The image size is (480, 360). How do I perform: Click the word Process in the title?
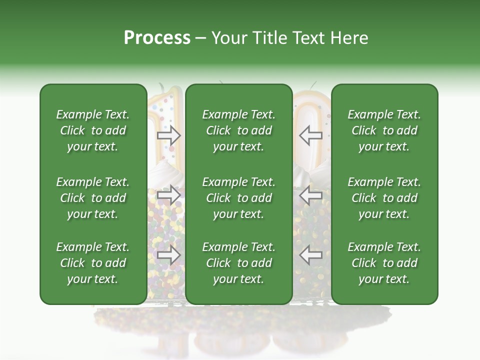[x=157, y=38]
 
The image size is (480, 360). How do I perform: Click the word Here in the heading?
[x=349, y=38]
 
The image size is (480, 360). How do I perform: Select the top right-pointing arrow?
[x=169, y=135]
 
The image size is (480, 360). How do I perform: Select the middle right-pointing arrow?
[x=169, y=194]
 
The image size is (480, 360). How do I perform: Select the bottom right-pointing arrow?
[x=169, y=255]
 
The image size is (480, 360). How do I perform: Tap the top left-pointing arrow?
[x=311, y=135]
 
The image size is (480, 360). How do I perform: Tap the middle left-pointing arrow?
[x=311, y=194]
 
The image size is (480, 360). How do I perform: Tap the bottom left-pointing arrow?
[x=311, y=255]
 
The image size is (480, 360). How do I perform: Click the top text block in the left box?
[x=93, y=130]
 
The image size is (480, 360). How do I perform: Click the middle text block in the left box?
[x=93, y=198]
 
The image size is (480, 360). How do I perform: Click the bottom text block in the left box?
[x=93, y=263]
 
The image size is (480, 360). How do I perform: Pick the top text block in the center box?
[x=238, y=130]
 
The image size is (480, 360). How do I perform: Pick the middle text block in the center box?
[x=238, y=198]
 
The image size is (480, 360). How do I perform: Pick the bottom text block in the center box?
[x=238, y=263]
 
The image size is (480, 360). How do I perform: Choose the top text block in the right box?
[x=384, y=130]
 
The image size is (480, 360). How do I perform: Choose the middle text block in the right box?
[x=384, y=198]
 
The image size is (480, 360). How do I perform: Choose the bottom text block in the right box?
[x=384, y=263]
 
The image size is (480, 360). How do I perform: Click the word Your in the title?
[x=228, y=38]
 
